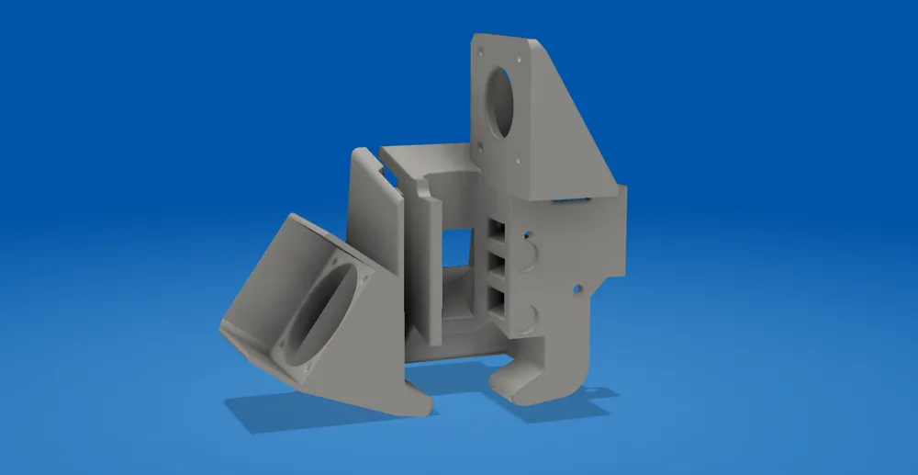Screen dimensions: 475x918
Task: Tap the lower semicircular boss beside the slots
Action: (x=530, y=316)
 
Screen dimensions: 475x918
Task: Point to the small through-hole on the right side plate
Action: (x=577, y=290)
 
